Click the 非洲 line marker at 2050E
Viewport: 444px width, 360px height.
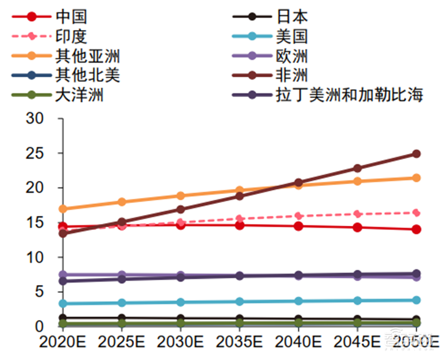pos(416,154)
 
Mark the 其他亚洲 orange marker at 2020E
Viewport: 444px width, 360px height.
pos(63,209)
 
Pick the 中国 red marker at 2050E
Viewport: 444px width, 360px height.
pos(416,229)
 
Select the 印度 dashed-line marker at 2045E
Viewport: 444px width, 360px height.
pos(357,214)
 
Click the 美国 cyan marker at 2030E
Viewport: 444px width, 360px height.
pos(180,302)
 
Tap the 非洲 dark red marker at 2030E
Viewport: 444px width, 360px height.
pos(180,209)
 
